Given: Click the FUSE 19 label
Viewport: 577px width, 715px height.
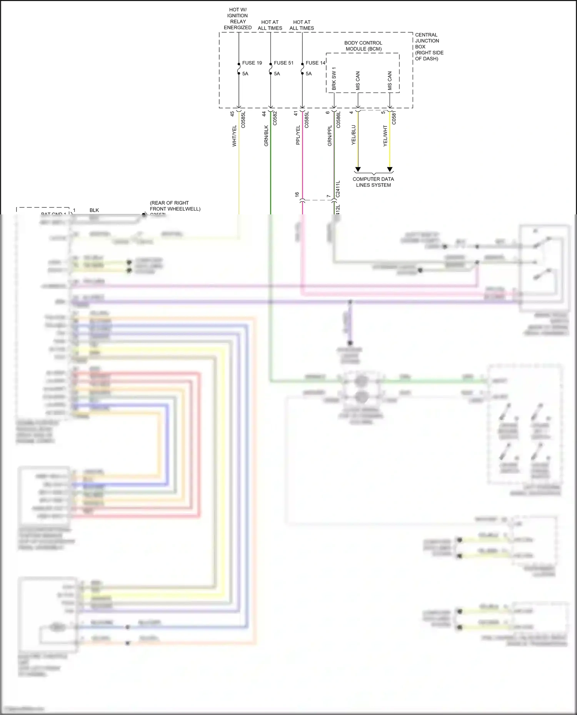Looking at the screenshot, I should (252, 63).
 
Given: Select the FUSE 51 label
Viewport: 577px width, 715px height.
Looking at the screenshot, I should (283, 63).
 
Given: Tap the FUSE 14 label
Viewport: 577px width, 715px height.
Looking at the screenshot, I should (315, 63).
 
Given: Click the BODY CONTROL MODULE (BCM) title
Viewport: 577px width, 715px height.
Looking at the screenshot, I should (363, 46).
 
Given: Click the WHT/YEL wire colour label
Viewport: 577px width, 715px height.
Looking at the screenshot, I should (234, 136).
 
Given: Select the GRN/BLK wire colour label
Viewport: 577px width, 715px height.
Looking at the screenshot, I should (266, 136).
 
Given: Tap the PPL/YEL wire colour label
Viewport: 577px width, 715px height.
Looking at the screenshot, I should (298, 135).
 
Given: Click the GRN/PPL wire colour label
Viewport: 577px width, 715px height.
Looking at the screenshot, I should (330, 135).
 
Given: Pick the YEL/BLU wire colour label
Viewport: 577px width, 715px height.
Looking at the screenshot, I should (354, 135).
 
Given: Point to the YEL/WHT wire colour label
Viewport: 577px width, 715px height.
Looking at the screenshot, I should (385, 135).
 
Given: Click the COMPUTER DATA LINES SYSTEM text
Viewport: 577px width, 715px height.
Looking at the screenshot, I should (373, 182).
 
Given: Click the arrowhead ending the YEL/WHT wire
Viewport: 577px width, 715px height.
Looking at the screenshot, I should (390, 169).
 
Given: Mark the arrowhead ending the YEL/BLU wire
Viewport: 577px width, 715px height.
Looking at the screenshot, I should (358, 169).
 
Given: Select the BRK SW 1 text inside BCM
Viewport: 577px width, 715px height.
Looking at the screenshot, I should (334, 79).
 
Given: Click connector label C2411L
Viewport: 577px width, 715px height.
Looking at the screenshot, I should (338, 189).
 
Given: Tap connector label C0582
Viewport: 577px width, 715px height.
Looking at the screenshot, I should (275, 118).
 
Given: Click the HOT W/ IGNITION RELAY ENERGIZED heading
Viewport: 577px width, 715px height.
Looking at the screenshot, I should (238, 19).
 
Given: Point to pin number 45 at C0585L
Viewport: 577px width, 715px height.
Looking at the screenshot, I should (232, 114).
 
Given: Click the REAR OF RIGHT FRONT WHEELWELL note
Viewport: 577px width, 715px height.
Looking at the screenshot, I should (175, 206).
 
